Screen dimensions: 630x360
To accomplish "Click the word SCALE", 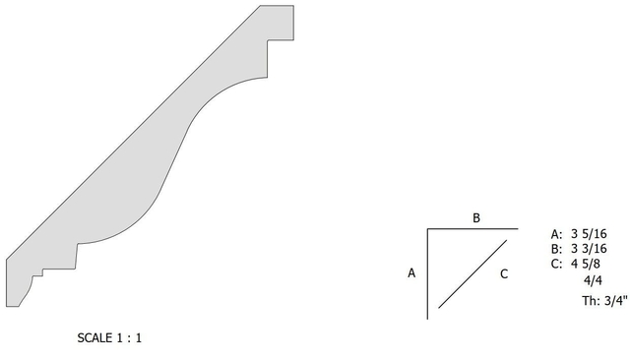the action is tap(94, 338).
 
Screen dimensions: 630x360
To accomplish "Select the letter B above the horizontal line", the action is tap(476, 218).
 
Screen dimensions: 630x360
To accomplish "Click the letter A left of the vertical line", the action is tap(411, 273).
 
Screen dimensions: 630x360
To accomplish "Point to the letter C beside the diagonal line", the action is tap(504, 274).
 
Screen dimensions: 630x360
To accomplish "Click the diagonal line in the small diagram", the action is tap(472, 274).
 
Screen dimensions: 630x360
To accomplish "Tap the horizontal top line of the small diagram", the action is tap(472, 229).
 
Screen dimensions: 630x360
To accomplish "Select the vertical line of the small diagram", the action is tap(427, 274).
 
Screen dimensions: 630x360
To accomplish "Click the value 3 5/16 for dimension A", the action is tap(589, 234).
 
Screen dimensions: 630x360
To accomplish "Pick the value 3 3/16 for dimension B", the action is tap(589, 249).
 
